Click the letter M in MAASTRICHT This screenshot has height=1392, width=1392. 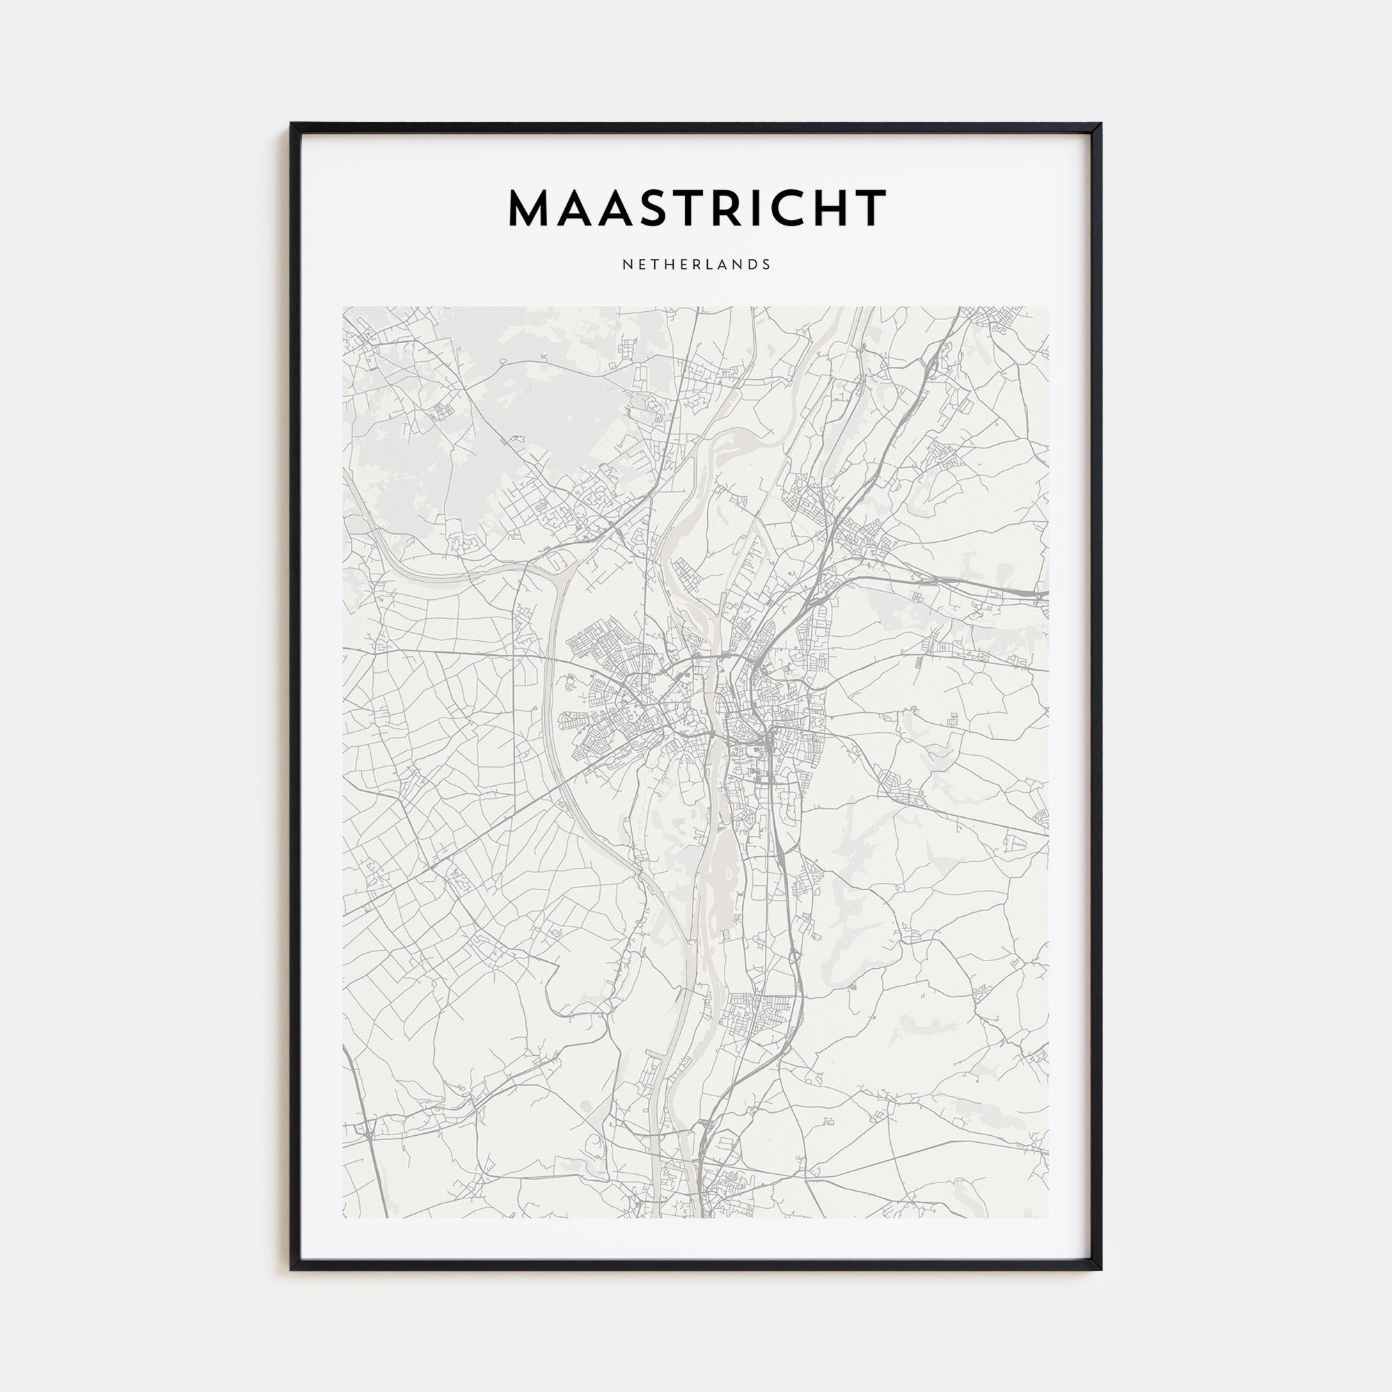pos(532,208)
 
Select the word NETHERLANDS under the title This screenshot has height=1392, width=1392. pos(696,264)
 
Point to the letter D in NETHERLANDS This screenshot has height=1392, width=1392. pos(753,264)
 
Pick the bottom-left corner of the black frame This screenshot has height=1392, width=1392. pos(292,1269)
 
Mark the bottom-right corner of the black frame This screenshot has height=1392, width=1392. pos(1100,1269)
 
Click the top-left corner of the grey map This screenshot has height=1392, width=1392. pos(344,308)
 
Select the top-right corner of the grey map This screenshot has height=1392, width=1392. pos(1048,308)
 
